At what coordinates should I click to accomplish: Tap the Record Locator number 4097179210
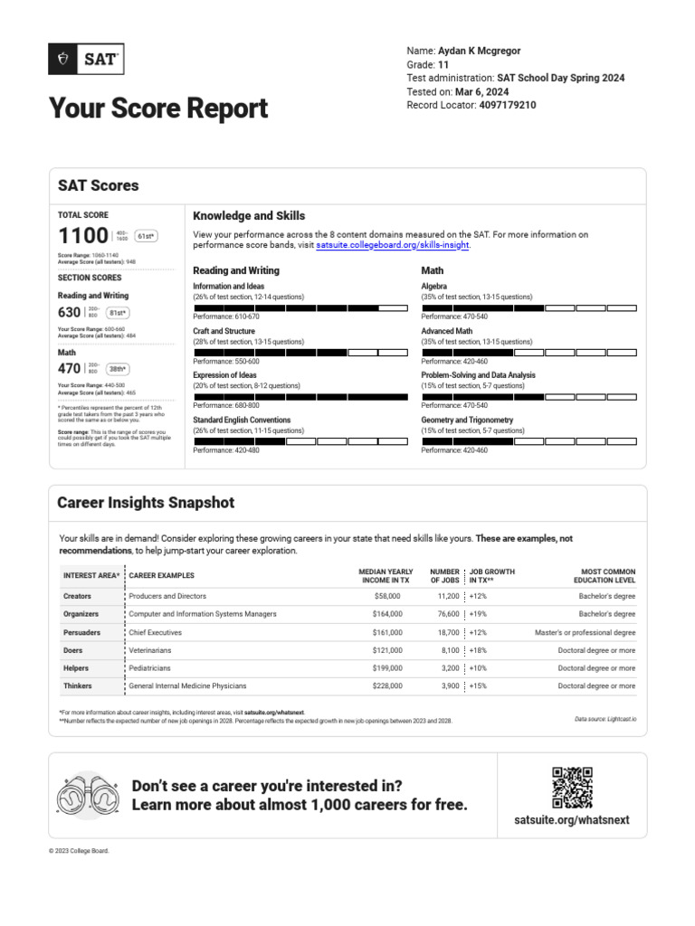coord(496,106)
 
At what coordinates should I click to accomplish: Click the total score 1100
coord(83,237)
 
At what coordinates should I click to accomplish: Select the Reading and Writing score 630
coord(70,312)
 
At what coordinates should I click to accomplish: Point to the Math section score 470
coord(70,369)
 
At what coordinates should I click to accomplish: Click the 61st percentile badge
coord(145,237)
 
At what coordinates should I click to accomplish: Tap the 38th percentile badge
coord(118,369)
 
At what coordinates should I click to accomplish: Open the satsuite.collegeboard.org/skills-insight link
coord(393,245)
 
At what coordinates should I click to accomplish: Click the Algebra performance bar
coord(529,308)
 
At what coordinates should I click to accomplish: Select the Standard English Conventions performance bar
coord(301,441)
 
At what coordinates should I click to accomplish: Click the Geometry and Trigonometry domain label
coord(467,420)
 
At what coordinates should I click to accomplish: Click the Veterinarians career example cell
coord(150,650)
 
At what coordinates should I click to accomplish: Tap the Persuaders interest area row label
coord(81,632)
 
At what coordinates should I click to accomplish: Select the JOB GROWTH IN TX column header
coord(492,576)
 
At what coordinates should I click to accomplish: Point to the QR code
coord(572,787)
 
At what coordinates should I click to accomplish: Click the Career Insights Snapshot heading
coord(146,503)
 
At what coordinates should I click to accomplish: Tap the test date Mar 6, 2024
coord(482,92)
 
